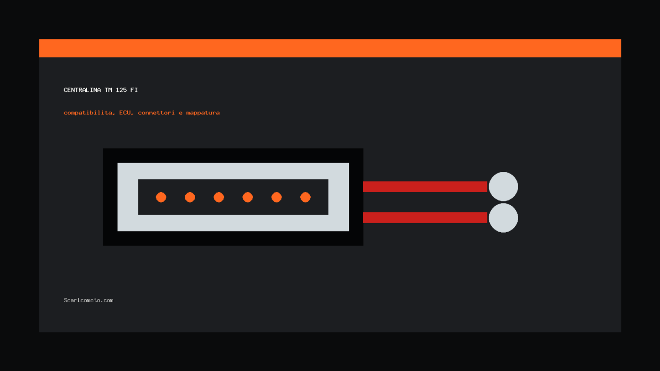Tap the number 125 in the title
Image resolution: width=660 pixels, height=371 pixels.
coord(121,90)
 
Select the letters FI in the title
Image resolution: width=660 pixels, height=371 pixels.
coord(134,90)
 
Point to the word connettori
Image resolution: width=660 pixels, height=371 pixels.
coord(156,113)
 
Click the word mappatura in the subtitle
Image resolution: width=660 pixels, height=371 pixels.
coord(203,113)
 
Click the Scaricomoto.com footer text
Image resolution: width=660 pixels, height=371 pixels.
coord(89,300)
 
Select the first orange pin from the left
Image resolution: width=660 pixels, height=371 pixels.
coord(161,197)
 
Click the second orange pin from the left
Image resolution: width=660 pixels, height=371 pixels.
coord(190,197)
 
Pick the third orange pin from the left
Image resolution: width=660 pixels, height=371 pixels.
coord(219,197)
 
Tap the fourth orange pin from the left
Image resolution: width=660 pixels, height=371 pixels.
coord(247,197)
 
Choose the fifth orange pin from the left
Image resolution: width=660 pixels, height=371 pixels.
coord(276,197)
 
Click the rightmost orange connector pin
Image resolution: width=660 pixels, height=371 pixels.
coord(305,197)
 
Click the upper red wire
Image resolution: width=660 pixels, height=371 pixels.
coord(425,187)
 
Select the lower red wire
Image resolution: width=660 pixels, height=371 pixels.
coord(425,218)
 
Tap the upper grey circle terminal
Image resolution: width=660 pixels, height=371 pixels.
coord(503,186)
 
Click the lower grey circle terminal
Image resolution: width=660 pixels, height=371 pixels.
coord(503,218)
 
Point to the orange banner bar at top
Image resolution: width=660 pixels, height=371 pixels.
coord(330,48)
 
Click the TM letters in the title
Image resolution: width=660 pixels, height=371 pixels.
coord(108,90)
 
